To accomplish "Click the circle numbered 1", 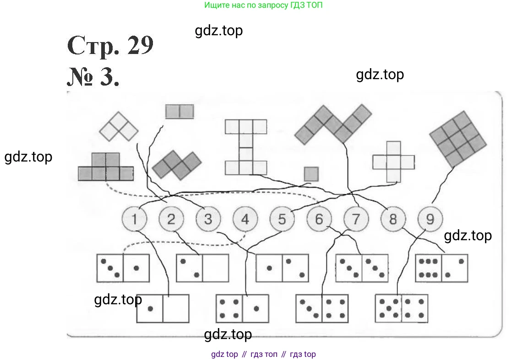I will (134, 219).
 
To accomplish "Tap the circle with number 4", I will (245, 219).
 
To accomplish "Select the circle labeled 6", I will (319, 219).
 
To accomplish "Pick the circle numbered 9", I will (430, 219).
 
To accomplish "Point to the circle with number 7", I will (356, 219).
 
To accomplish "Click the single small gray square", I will (311, 174).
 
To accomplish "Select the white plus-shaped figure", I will (393, 162).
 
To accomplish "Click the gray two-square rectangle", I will (179, 111).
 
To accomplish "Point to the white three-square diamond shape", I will (119, 126).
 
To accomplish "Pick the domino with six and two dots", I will (441, 268).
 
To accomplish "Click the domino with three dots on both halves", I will (362, 268).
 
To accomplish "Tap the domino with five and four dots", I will (402, 308).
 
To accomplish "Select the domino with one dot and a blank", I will (163, 308).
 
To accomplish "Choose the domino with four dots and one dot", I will (242, 308).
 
